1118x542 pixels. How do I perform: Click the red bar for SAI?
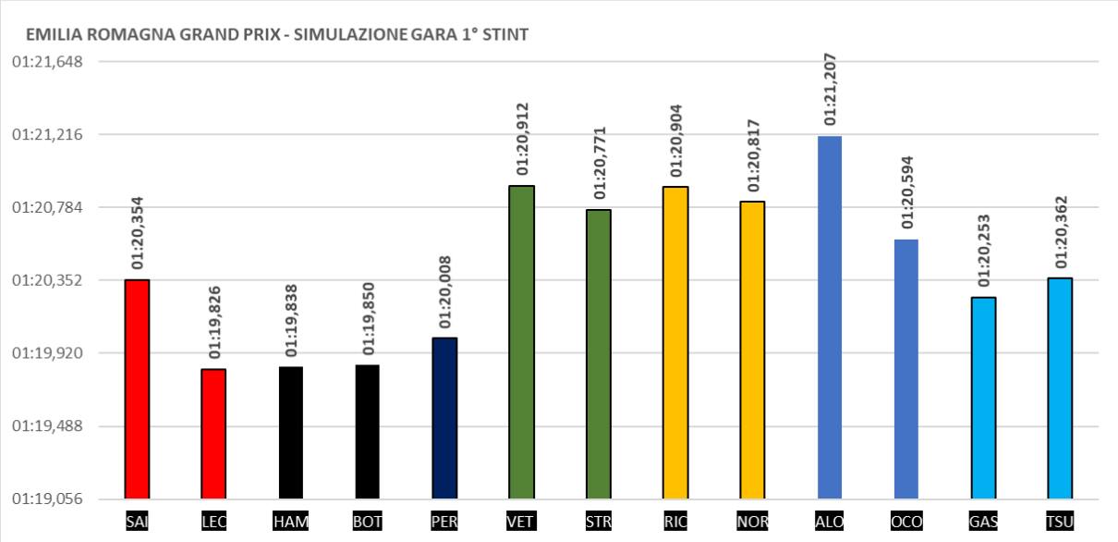click(x=137, y=388)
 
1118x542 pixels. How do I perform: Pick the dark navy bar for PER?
click(x=444, y=417)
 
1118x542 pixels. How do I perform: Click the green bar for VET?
click(x=522, y=342)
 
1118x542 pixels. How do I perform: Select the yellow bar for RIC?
click(x=675, y=342)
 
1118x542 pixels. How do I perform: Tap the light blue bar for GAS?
click(x=983, y=398)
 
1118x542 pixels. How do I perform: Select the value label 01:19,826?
click(x=214, y=322)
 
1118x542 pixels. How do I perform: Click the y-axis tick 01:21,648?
click(x=47, y=62)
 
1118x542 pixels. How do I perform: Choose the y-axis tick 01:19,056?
click(x=47, y=499)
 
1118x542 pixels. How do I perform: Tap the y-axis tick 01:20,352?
click(x=47, y=280)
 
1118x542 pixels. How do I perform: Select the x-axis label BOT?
click(x=368, y=523)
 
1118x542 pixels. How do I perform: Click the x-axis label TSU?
click(x=1060, y=523)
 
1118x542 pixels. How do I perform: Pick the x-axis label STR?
click(x=599, y=523)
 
